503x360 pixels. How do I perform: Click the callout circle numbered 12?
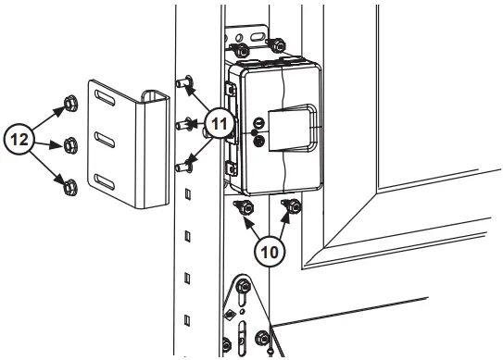tap(21, 141)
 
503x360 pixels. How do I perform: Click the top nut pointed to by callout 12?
tap(69, 105)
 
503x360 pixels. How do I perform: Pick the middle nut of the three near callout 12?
tap(69, 144)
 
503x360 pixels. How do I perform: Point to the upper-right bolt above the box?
tap(275, 44)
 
